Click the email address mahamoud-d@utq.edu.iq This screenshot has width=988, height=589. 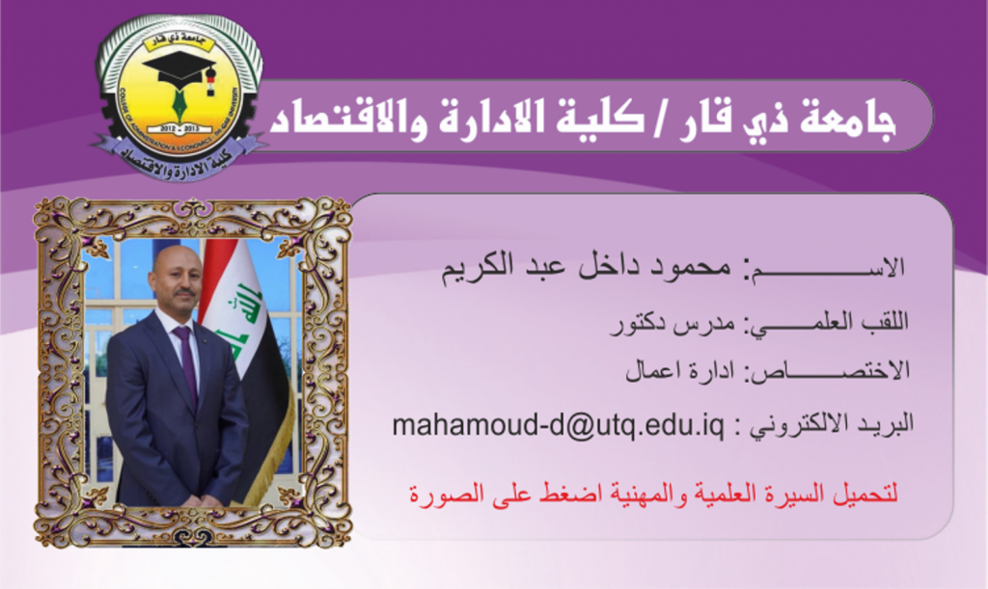point(559,426)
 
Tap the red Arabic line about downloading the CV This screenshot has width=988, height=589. point(653,492)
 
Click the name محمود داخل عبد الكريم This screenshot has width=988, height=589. point(586,267)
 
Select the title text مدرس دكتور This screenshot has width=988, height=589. point(672,324)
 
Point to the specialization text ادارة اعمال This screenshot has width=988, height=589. point(680,370)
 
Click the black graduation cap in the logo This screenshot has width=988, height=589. point(180,70)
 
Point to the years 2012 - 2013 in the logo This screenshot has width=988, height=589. point(179,128)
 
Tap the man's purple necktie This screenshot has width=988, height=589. point(186,365)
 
